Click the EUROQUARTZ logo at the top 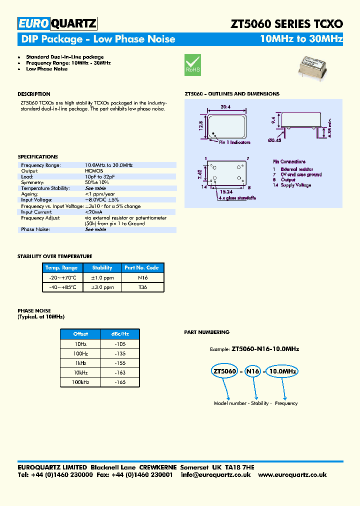click(57, 23)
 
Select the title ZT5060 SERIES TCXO click(286, 23)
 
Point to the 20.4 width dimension click(225, 106)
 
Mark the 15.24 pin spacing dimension click(226, 192)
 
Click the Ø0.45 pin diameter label click(274, 140)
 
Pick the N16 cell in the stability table click(142, 277)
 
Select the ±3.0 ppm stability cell click(102, 287)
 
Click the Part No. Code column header click(142, 267)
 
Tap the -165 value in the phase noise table click(120, 382)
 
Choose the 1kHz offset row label click(80, 363)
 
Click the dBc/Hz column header click(120, 334)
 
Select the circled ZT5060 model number click(224, 371)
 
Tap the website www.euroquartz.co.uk click(292, 474)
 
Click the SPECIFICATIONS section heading click(37, 157)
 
